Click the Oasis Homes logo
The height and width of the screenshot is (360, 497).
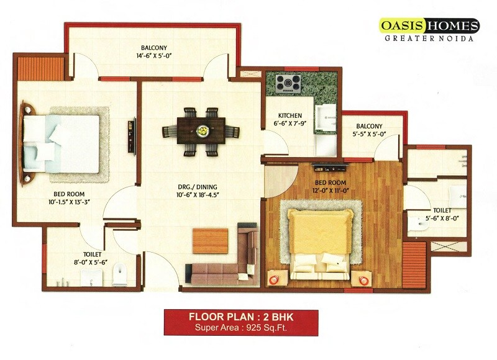429,25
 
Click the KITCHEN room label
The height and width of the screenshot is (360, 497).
290,115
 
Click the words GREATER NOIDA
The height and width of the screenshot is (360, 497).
429,38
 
